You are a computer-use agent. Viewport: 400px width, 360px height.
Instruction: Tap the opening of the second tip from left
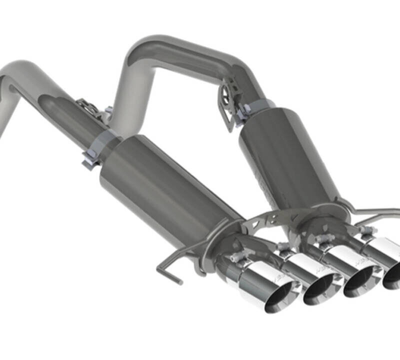(x=318, y=290)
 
